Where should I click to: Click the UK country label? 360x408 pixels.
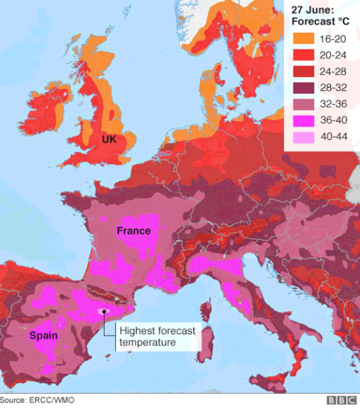pos(109,140)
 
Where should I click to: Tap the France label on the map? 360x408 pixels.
pos(134,231)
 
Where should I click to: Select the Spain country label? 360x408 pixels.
pos(43,336)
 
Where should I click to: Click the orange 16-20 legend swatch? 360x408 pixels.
pos(304,38)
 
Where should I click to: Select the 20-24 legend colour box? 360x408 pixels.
pos(304,55)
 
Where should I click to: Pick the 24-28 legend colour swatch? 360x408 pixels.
pos(304,72)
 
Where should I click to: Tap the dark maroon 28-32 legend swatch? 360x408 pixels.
pos(304,88)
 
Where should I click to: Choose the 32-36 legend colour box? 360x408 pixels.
pos(304,104)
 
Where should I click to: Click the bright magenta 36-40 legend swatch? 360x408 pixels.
pos(304,121)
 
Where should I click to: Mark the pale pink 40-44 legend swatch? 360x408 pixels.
pos(304,137)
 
